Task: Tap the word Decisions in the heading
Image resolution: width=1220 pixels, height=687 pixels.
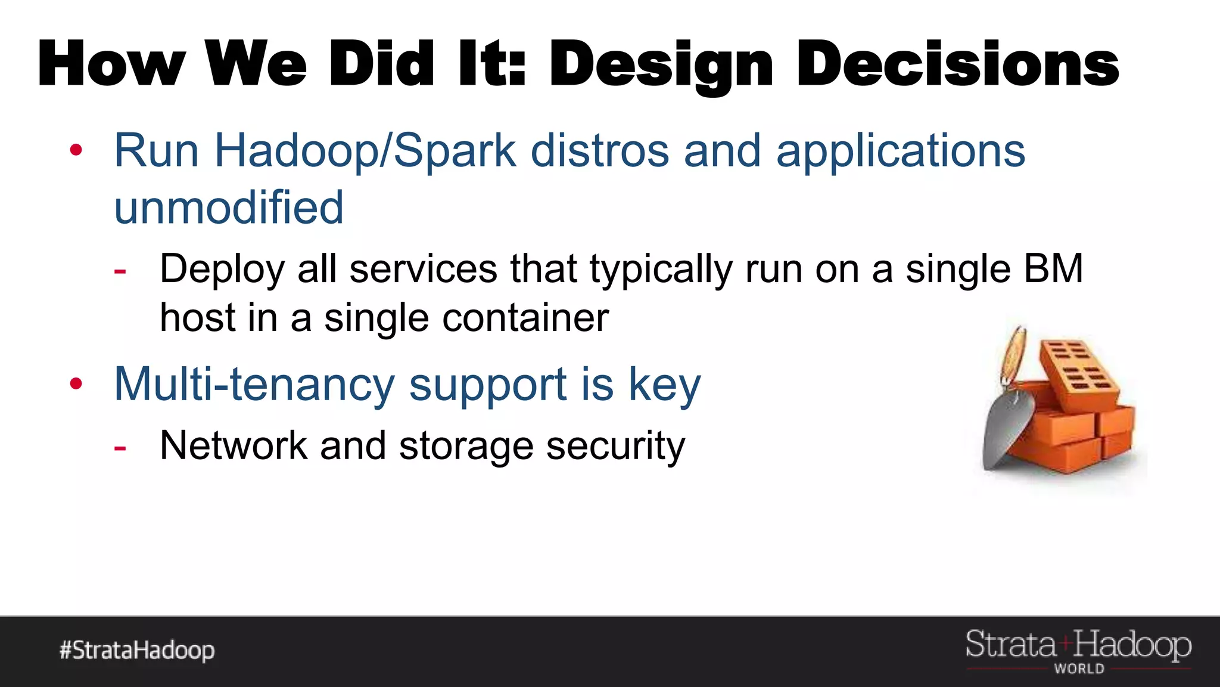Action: [957, 64]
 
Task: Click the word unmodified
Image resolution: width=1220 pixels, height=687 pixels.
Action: [229, 207]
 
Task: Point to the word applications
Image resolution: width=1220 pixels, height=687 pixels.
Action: [900, 150]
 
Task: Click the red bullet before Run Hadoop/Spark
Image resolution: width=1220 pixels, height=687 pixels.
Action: [76, 150]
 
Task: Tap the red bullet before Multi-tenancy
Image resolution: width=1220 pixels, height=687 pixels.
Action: [76, 383]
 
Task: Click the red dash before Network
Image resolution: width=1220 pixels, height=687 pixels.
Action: [120, 448]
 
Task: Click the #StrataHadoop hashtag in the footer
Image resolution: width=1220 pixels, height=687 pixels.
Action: [137, 650]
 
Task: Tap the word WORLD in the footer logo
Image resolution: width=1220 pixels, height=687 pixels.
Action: [1079, 669]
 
